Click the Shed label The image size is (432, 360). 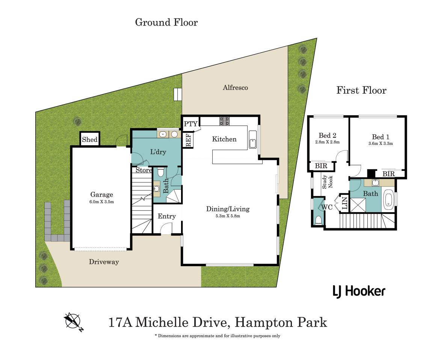90,140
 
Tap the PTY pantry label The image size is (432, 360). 191,124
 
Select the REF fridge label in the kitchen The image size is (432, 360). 189,140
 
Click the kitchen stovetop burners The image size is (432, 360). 225,121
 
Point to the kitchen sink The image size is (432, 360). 253,140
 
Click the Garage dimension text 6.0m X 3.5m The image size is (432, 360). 102,202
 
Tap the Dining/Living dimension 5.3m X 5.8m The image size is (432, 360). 228,216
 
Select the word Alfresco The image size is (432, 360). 235,87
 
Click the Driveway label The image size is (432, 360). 104,262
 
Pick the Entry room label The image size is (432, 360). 167,216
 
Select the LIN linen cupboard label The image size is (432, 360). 344,203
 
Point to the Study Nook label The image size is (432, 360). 327,182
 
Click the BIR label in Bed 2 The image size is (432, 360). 321,166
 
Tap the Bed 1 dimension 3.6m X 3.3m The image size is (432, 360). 381,143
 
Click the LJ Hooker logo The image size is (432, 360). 359,291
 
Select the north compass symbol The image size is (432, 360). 73,321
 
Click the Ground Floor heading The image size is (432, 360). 166,22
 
